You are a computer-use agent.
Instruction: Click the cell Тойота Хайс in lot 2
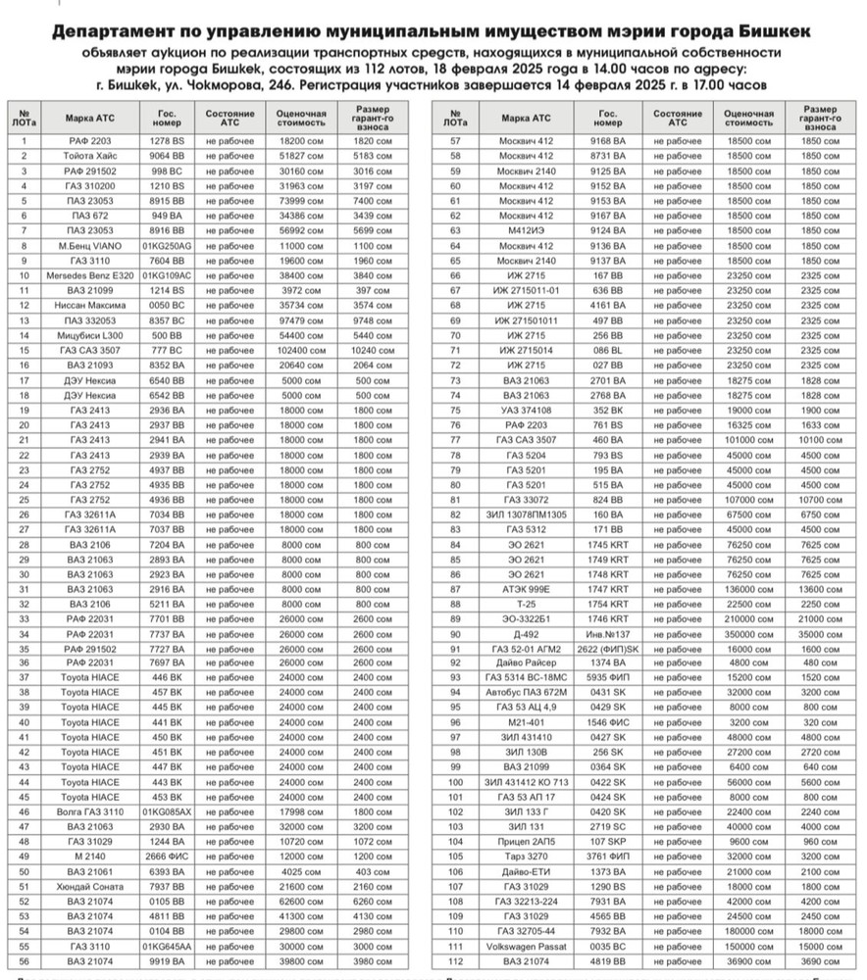pyautogui.click(x=93, y=156)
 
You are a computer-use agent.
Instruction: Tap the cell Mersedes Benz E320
pyautogui.click(x=93, y=275)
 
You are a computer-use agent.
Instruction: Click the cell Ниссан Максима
pyautogui.click(x=93, y=305)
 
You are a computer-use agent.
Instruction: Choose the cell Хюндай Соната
pyautogui.click(x=93, y=886)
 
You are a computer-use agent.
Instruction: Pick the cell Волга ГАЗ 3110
pyautogui.click(x=93, y=811)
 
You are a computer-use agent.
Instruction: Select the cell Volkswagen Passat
pyautogui.click(x=526, y=946)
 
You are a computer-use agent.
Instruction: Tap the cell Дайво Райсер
pyautogui.click(x=526, y=663)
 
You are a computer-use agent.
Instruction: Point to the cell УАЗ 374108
pyautogui.click(x=526, y=411)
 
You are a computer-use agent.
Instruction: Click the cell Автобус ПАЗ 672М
pyautogui.click(x=526, y=693)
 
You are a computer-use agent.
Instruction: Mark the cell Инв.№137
pyautogui.click(x=607, y=634)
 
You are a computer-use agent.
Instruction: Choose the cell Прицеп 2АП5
pyautogui.click(x=526, y=841)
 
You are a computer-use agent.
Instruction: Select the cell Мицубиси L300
pyautogui.click(x=93, y=334)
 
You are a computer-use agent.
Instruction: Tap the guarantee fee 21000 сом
pyautogui.click(x=819, y=618)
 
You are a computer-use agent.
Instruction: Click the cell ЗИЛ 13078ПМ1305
pyautogui.click(x=526, y=514)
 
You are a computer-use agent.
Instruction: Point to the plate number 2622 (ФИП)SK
pyautogui.click(x=607, y=649)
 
